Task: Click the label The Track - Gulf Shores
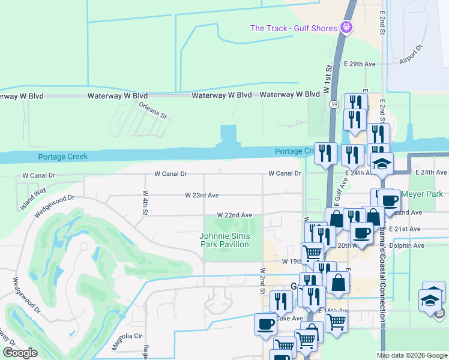click(294, 28)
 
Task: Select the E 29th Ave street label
click(360, 64)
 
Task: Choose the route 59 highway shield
click(333, 104)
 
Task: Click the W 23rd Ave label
click(202, 195)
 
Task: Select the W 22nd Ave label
click(235, 215)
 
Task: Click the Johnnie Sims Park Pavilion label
click(224, 240)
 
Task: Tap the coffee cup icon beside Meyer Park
click(388, 200)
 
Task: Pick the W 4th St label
click(145, 202)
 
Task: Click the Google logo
click(20, 353)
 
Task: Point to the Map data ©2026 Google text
click(411, 355)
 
